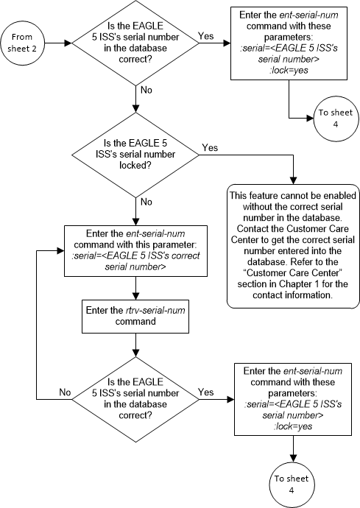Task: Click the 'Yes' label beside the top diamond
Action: pyautogui.click(x=206, y=35)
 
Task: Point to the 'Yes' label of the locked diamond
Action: pyautogui.click(x=210, y=147)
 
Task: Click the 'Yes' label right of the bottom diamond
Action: pyautogui.click(x=205, y=392)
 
